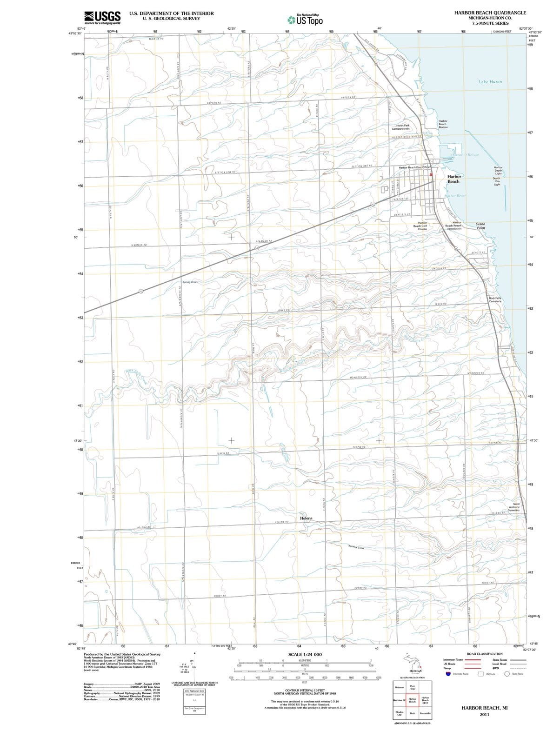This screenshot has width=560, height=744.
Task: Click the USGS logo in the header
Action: tap(103, 17)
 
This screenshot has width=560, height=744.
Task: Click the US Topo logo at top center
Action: tap(305, 20)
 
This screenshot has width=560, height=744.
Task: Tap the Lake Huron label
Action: tap(490, 82)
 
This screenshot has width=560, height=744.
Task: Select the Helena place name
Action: tap(307, 518)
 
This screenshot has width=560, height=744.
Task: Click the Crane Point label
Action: tap(480, 226)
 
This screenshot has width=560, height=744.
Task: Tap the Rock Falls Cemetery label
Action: tap(495, 299)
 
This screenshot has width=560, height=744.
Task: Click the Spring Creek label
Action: tap(190, 282)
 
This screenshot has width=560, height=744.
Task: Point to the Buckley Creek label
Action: tap(356, 547)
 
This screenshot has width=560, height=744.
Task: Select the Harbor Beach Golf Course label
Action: tap(422, 226)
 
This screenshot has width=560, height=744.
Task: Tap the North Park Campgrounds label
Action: tap(403, 127)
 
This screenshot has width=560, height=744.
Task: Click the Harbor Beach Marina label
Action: tap(443, 124)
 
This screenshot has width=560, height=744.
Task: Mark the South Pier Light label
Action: tap(497, 181)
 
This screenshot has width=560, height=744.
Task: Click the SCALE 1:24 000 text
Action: tap(305, 654)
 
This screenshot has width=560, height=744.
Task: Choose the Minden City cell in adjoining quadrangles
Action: tap(400, 713)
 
